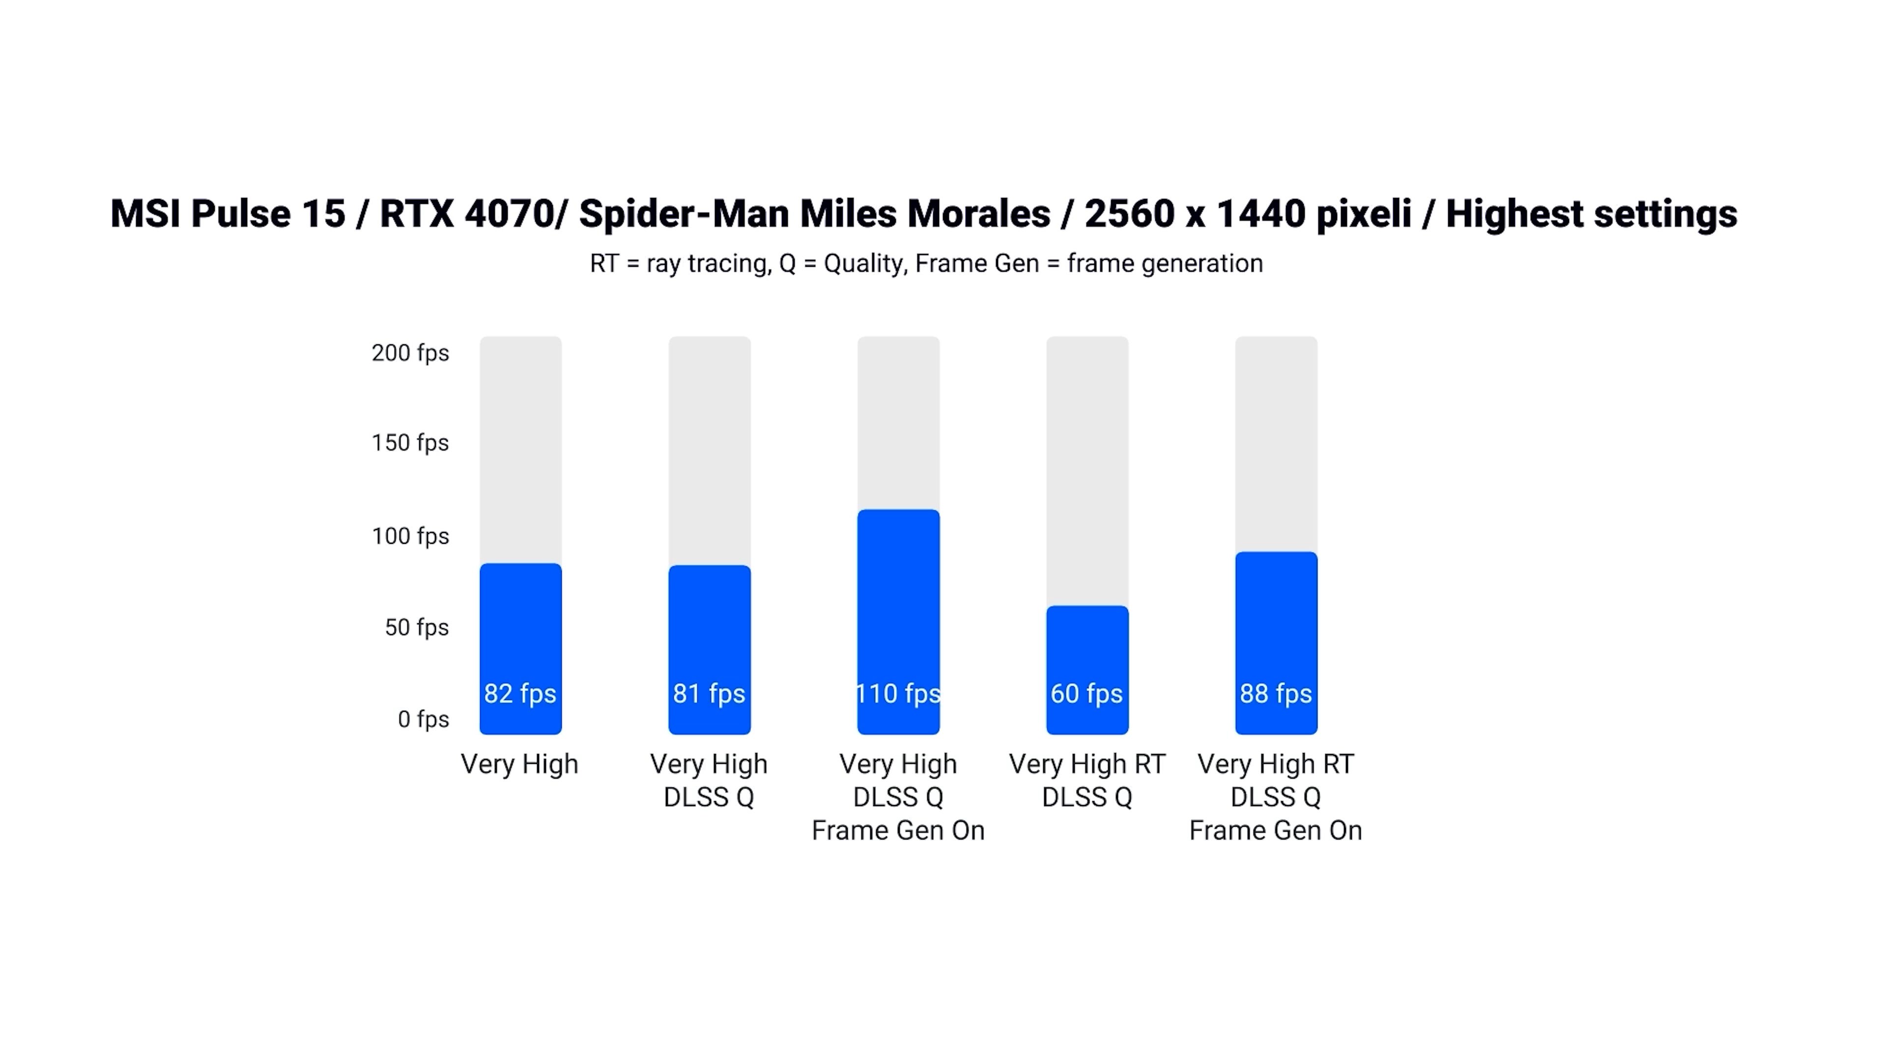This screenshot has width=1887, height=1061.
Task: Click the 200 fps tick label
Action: pyautogui.click(x=410, y=353)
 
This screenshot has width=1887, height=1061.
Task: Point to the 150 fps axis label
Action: pyautogui.click(x=410, y=443)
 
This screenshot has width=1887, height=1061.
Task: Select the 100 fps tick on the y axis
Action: pyautogui.click(x=410, y=536)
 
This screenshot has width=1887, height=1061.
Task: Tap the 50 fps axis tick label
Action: pyautogui.click(x=417, y=628)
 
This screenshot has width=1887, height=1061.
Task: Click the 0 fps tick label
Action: pyautogui.click(x=424, y=719)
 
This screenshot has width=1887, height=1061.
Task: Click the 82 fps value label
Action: pyautogui.click(x=520, y=694)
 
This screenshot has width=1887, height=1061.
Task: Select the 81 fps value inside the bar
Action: pyautogui.click(x=709, y=694)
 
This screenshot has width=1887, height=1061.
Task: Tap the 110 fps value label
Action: pyautogui.click(x=898, y=694)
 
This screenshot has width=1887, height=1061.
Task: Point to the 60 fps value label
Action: pyautogui.click(x=1086, y=694)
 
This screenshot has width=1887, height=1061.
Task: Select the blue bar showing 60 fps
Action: pyautogui.click(x=1087, y=644)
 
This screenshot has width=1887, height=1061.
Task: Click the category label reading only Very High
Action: pyautogui.click(x=519, y=764)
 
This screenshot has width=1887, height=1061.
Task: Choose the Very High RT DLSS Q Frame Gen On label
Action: pyautogui.click(x=1275, y=797)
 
